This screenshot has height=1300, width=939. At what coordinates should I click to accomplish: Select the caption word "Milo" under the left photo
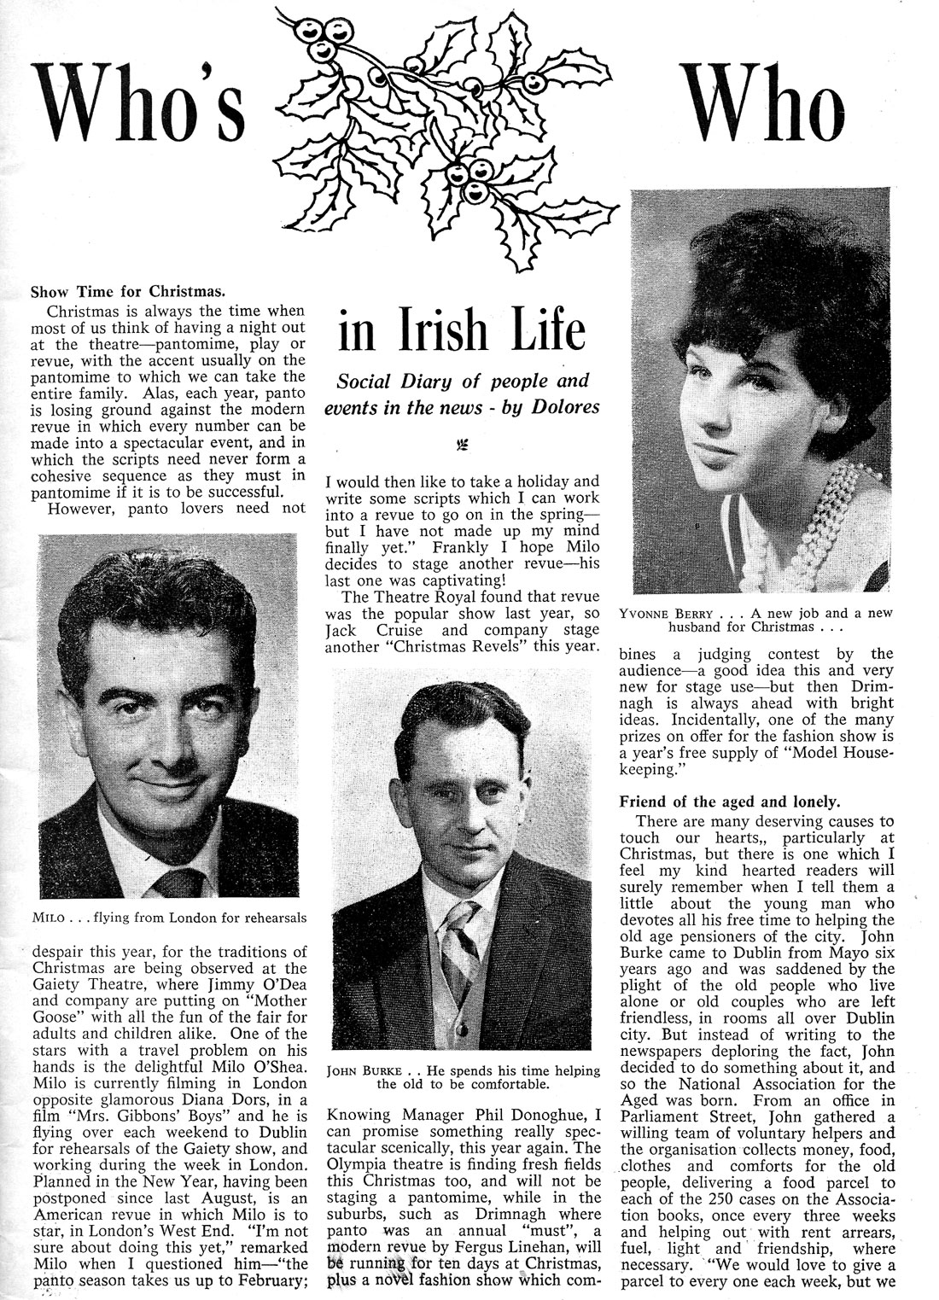tap(50, 918)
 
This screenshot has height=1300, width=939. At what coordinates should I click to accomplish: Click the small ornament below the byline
tap(464, 445)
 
